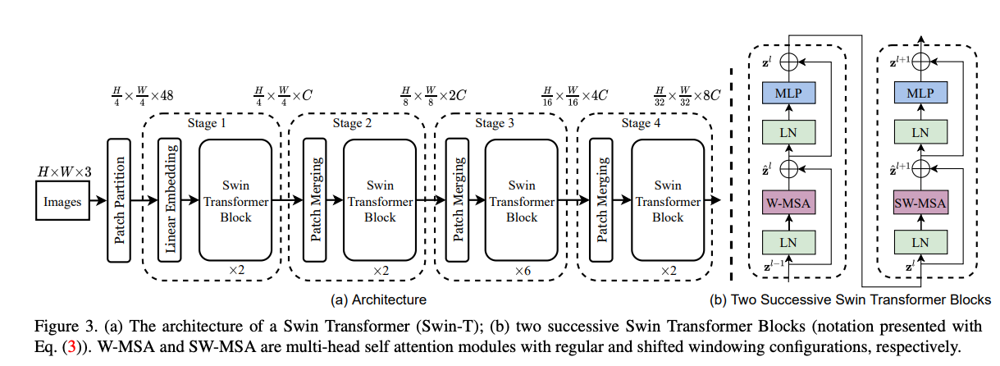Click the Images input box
pos(62,201)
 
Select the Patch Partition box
pos(119,200)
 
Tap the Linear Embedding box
pos(170,200)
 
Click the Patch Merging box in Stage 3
pos(457,200)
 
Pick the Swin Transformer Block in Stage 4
pos(668,200)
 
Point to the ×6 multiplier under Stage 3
pos(523,271)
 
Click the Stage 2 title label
pos(352,123)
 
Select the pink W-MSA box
pos(788,203)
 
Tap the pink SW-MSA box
pos(920,203)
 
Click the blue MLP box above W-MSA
pos(788,93)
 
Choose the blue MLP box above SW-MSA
pos(920,93)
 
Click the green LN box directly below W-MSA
pos(788,242)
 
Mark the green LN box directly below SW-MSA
pos(920,242)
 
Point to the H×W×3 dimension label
pos(65,172)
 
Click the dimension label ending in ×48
pos(143,95)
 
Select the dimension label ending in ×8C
pos(687,95)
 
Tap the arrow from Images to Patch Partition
pos(98,200)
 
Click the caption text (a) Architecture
pos(378,300)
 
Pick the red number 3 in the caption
pos(71,347)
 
